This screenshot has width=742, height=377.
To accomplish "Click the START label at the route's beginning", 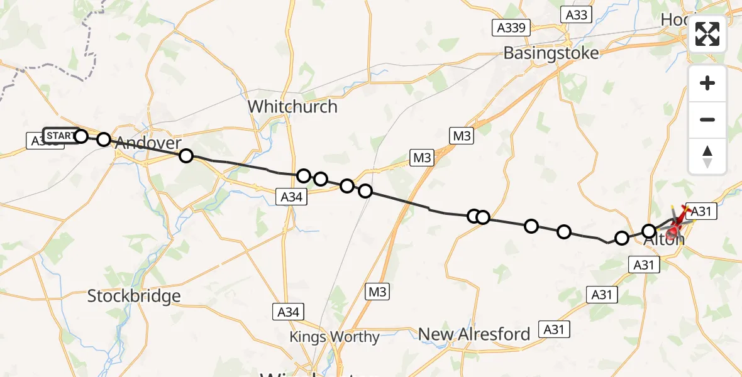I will [x=59, y=136].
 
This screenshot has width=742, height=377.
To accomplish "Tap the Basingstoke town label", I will [x=551, y=53].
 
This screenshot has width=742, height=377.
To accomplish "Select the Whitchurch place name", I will [x=292, y=107].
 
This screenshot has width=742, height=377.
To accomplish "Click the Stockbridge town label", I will [x=134, y=296].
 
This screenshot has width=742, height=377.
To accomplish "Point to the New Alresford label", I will [x=475, y=334].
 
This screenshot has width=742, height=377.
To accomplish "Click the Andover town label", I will [x=148, y=143].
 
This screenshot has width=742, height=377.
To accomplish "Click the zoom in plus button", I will [x=707, y=84].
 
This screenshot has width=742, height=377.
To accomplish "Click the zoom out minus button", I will [x=707, y=120].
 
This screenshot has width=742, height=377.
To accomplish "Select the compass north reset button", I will [x=707, y=156].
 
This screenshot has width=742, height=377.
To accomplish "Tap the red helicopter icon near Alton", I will [x=678, y=220].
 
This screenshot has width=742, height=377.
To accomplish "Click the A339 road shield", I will [x=511, y=27].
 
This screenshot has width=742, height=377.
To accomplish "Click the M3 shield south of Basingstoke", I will [x=462, y=135].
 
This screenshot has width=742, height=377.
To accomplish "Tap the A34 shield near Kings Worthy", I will [x=290, y=311].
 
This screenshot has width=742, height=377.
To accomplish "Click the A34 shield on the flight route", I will [x=292, y=197].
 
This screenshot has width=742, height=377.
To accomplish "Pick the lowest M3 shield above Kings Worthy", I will [x=378, y=291].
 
